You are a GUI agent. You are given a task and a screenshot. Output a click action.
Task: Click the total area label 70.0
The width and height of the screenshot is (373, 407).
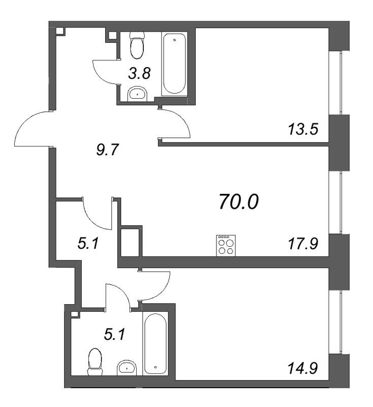pos(238,202)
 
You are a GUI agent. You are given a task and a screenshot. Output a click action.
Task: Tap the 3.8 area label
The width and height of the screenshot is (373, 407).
pos(139,73)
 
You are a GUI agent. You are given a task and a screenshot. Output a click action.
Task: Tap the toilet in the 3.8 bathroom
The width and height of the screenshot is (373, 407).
pos(136,44)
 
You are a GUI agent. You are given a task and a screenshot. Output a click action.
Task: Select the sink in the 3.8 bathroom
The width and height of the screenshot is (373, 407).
pos(137,92)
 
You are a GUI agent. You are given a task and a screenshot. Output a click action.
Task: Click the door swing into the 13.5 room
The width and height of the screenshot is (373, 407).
pos(175,124)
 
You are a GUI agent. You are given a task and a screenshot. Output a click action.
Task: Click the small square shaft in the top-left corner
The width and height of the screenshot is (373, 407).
pos(60,31)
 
